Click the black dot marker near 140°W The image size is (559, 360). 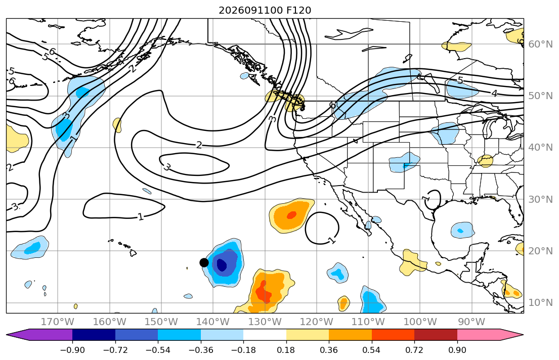click(204, 263)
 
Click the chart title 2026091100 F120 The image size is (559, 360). click(265, 10)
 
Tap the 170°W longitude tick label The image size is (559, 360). click(58, 322)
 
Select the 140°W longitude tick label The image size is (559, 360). click(213, 322)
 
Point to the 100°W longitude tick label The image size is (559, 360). click(420, 322)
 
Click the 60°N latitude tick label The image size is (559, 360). click(540, 44)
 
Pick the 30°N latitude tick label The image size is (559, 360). click(540, 199)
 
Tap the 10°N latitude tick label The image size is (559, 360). click(540, 303)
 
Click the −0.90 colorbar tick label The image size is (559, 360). click(72, 350)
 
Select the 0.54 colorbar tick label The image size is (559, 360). click(371, 350)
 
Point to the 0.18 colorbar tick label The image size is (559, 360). click(286, 350)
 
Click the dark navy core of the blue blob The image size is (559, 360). click(222, 265)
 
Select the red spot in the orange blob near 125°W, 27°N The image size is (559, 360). click(291, 215)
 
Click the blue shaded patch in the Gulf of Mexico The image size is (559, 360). click(462, 230)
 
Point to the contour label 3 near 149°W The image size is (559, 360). click(166, 166)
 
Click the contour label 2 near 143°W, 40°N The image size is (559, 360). click(199, 145)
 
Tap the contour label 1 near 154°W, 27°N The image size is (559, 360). click(141, 217)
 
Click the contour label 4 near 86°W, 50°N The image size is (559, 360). click(494, 94)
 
